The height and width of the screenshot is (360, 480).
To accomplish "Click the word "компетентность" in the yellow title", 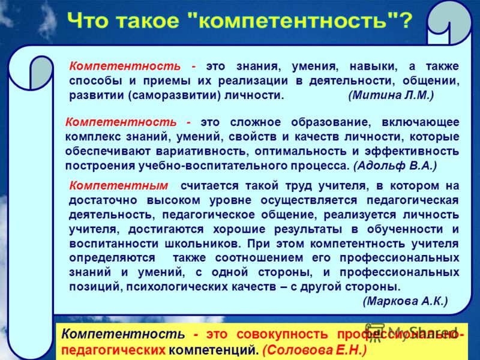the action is tap(293, 21).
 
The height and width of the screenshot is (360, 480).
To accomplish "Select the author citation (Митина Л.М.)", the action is tap(391, 95).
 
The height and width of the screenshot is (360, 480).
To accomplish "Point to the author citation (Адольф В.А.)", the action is tap(395, 166).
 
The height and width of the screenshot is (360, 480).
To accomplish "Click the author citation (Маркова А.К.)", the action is tap(406, 301).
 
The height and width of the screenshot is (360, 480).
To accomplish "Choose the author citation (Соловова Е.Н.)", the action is tap(314, 349).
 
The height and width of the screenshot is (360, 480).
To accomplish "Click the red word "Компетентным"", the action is tap(119, 185).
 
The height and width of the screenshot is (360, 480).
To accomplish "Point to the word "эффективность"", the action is tap(412, 151).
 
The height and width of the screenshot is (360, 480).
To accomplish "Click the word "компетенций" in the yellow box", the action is tap(212, 350).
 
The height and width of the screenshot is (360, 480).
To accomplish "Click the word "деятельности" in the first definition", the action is tap(353, 81).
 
